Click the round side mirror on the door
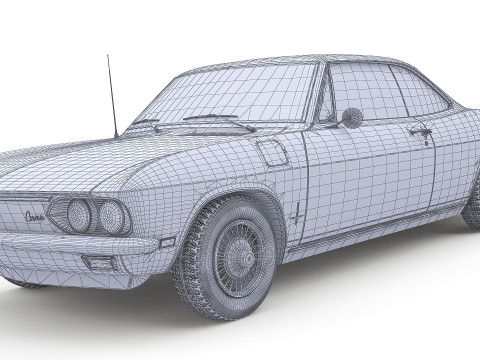(351, 117)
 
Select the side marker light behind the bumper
(166, 241)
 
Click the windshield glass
(240, 95)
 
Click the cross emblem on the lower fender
(298, 212)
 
